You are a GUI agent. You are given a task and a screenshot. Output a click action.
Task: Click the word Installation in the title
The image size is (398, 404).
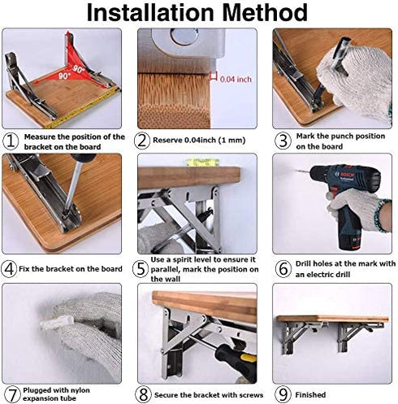pos(150,13)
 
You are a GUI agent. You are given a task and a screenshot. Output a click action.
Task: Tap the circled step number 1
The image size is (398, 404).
pos(11,141)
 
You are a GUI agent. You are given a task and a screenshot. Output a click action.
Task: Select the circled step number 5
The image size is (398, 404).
pos(141,269)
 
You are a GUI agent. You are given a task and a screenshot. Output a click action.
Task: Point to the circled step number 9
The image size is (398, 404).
pos(283,394)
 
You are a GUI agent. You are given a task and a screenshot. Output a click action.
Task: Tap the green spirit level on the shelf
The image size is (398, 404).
pos(202,163)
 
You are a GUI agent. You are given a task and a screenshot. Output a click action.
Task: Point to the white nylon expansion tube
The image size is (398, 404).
pos(58,323)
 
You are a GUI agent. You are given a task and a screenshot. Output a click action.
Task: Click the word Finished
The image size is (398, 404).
pos(310,394)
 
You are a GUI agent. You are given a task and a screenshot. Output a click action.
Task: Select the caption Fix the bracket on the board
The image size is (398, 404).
pos(71,269)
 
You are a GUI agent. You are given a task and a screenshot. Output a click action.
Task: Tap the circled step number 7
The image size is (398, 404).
pos(12,394)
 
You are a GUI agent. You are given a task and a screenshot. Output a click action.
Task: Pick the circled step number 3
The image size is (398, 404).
pos(283,141)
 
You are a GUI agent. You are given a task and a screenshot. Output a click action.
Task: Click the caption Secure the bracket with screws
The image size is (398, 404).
pos(209,395)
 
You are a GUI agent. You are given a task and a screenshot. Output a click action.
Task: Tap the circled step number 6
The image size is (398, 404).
pos(283,269)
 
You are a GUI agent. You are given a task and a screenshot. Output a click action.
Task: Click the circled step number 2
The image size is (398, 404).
pos(141,141)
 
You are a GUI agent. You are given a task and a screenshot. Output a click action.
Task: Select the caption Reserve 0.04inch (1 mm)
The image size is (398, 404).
pos(199,140)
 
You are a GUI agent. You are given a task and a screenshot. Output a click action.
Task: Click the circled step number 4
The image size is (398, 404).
pos(9,269)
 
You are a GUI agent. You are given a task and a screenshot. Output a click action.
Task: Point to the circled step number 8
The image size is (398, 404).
pos(143,394)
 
